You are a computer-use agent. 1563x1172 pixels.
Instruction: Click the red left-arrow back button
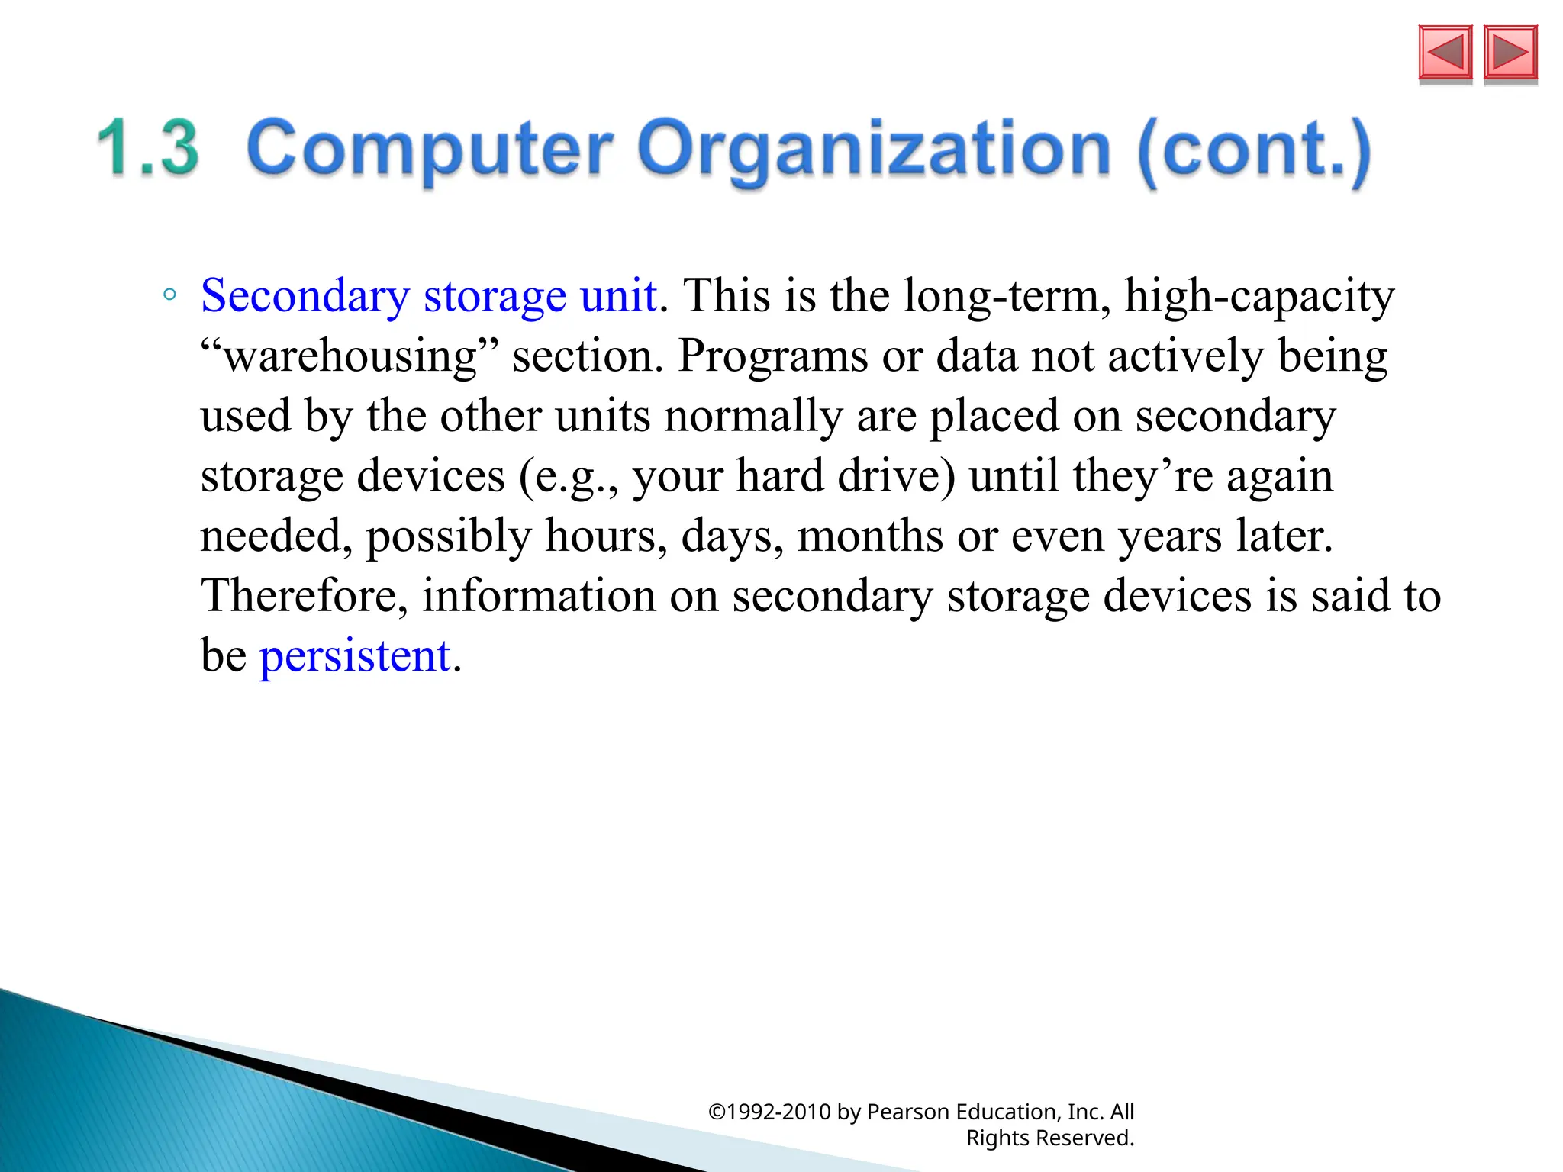pos(1445,53)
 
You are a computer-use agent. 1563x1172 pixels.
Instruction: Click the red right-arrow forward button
pos(1510,53)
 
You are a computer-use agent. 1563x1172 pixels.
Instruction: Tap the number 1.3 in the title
pos(148,148)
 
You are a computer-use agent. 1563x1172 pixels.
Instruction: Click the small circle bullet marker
pos(169,295)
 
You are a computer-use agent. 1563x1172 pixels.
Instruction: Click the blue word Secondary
pos(305,296)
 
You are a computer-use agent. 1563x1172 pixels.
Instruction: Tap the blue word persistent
pos(355,655)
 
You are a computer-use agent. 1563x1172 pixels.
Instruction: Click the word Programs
pos(772,356)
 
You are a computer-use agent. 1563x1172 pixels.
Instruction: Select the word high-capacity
pos(1259,296)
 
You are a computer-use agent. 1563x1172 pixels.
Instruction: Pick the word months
pos(870,536)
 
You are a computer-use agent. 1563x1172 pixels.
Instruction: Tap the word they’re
pos(1142,476)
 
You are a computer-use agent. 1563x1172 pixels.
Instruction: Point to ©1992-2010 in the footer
pos(769,1112)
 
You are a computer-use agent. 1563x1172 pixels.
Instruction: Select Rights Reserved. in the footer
pos(1050,1138)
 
